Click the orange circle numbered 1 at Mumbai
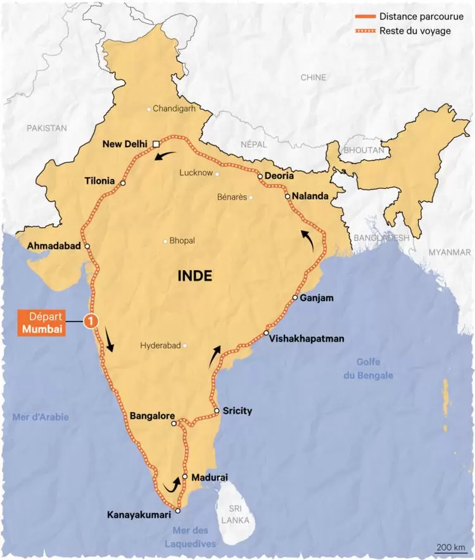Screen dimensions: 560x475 point(91,322)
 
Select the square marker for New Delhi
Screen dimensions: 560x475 point(156,145)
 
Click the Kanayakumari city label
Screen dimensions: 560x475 point(140,515)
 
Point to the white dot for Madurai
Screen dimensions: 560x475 point(184,476)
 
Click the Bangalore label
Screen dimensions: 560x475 point(152,416)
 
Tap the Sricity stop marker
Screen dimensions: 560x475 point(217,411)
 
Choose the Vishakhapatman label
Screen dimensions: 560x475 point(307,339)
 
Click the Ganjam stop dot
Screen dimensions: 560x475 point(295,297)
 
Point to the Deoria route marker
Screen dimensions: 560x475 point(260,176)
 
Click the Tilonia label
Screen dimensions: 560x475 point(99,182)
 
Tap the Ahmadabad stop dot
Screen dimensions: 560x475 point(87,246)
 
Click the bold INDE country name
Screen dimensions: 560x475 point(194,277)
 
